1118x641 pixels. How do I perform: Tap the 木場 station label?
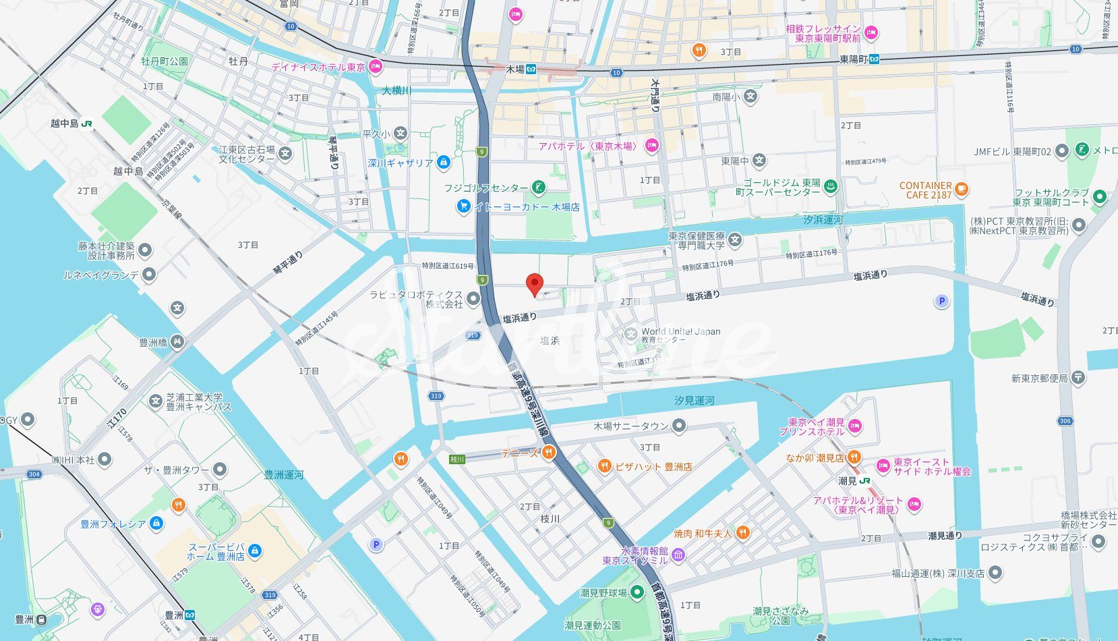[x=516, y=69]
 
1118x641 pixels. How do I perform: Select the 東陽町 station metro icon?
[x=874, y=59]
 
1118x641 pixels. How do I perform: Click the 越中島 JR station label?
[x=65, y=123]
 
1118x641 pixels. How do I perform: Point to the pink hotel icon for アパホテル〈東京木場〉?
[x=651, y=145]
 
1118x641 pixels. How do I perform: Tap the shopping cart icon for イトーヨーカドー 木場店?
[x=463, y=206]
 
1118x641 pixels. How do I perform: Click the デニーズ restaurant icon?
[x=550, y=453]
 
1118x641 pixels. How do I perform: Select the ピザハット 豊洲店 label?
[x=650, y=466]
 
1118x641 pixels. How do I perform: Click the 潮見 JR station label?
[x=848, y=481]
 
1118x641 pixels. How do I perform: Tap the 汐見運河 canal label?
[x=694, y=401]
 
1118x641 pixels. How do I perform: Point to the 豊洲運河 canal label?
[x=283, y=475]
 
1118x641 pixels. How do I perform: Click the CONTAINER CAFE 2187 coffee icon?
[x=962, y=190]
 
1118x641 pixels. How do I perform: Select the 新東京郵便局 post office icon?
[x=1078, y=378]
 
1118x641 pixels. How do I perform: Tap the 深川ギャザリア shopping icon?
[x=443, y=163]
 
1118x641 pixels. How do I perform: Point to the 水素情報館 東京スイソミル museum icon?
[x=678, y=555]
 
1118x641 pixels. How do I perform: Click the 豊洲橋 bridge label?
[x=154, y=342]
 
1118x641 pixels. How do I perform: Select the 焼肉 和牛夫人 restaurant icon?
[x=742, y=533]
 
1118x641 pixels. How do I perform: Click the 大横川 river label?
[x=396, y=90]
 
